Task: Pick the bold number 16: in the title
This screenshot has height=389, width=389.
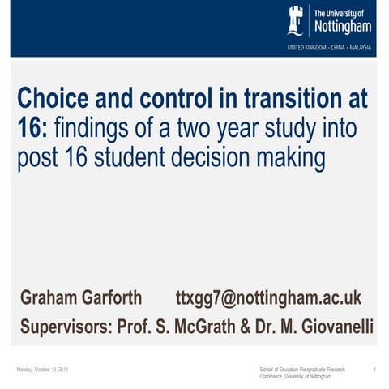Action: click(x=33, y=129)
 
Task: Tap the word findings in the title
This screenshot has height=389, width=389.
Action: click(x=93, y=129)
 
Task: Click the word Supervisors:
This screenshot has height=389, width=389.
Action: click(x=67, y=328)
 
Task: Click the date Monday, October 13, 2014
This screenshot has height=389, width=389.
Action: click(x=42, y=370)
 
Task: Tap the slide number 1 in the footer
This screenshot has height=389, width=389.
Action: click(x=374, y=370)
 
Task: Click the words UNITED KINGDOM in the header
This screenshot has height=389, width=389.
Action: click(x=305, y=48)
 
